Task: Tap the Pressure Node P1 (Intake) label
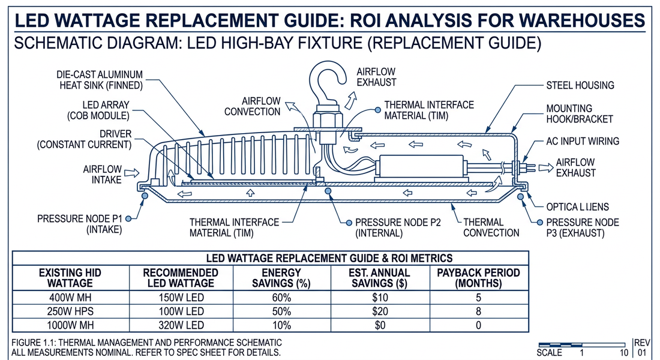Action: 81,224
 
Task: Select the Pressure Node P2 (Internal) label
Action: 398,227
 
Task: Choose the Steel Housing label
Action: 580,85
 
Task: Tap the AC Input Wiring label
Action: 582,141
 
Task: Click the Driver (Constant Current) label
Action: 83,139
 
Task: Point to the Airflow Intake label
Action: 102,174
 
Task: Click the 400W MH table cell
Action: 70,298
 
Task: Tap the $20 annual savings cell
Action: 380,311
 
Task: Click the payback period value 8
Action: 478,311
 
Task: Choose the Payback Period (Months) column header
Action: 478,277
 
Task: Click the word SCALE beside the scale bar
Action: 550,352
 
